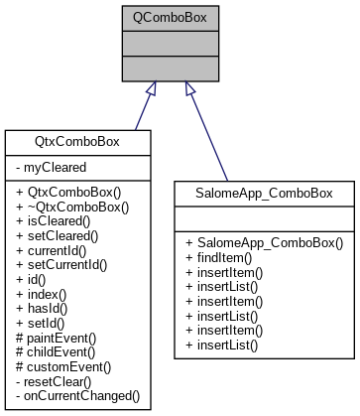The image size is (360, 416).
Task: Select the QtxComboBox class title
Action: (78, 142)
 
